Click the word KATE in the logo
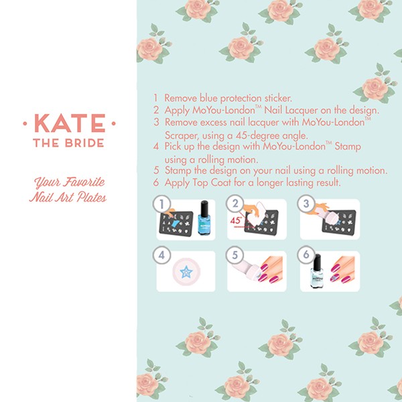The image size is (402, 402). (x=70, y=123)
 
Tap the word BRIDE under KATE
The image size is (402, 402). (x=84, y=143)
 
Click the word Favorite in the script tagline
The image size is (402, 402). (x=84, y=182)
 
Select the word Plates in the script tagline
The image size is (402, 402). (x=92, y=198)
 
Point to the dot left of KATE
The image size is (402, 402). (x=25, y=123)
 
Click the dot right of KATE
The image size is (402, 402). (x=114, y=123)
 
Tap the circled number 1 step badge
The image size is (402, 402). (x=161, y=204)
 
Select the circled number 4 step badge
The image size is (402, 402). (x=161, y=255)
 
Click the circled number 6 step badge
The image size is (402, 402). (x=306, y=255)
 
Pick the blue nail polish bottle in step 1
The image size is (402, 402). (x=204, y=218)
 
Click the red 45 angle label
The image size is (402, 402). (x=236, y=220)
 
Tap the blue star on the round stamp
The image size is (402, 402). (x=186, y=272)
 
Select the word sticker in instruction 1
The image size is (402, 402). (x=278, y=98)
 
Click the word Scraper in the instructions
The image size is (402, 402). (x=182, y=135)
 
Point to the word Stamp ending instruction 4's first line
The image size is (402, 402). (x=348, y=147)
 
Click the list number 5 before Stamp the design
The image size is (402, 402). (x=156, y=170)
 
